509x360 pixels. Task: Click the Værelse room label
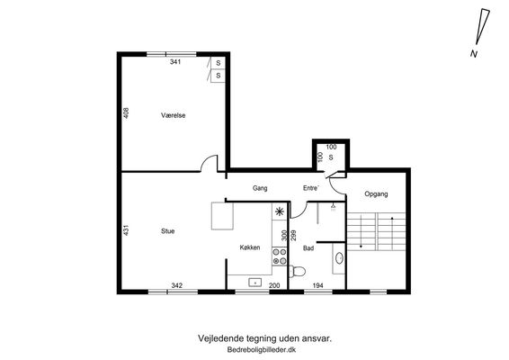tap(173, 115)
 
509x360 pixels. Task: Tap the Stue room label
tap(168, 231)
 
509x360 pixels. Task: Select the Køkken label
tap(250, 247)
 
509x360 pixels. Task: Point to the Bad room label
tap(308, 248)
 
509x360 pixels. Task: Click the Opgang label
tap(376, 194)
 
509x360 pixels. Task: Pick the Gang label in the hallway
tap(260, 188)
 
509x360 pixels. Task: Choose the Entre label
tap(311, 188)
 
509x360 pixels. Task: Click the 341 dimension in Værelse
tap(175, 62)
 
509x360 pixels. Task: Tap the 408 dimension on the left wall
tap(126, 113)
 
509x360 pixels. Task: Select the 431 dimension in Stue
tap(126, 230)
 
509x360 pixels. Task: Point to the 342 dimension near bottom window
tap(176, 285)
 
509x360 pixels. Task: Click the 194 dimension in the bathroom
tap(317, 285)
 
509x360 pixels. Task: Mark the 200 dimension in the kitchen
tap(274, 285)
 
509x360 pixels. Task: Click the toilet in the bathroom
tap(297, 271)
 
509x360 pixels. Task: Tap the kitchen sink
tap(255, 283)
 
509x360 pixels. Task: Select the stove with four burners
tap(280, 256)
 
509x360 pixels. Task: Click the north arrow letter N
tap(474, 54)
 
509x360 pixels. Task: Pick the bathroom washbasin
tap(340, 258)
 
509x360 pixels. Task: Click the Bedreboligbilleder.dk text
tap(262, 350)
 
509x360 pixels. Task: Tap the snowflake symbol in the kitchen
tap(279, 211)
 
